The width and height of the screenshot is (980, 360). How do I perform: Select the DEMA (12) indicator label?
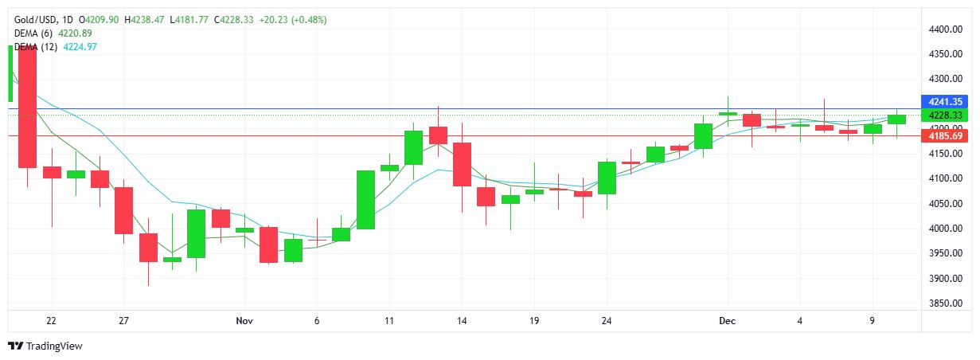click(x=37, y=47)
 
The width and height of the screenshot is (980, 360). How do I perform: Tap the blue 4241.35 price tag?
click(x=945, y=101)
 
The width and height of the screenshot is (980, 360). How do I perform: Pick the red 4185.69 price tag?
click(x=945, y=136)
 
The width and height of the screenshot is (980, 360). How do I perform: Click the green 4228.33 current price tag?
click(x=945, y=115)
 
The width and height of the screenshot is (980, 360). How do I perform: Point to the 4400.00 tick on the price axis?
click(x=946, y=29)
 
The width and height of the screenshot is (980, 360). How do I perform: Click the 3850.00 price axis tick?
click(x=946, y=303)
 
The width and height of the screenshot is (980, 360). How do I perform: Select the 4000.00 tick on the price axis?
click(x=946, y=229)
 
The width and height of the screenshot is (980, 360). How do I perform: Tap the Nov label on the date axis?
click(x=244, y=321)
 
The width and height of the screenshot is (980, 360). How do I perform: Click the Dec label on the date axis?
click(x=726, y=321)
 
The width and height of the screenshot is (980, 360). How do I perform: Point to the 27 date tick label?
click(x=123, y=321)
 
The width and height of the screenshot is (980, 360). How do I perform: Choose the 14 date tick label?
click(x=462, y=321)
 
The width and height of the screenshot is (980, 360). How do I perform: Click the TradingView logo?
click(x=45, y=346)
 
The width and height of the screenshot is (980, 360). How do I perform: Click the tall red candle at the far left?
click(x=28, y=108)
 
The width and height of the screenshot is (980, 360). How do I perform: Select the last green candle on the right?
click(x=897, y=119)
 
